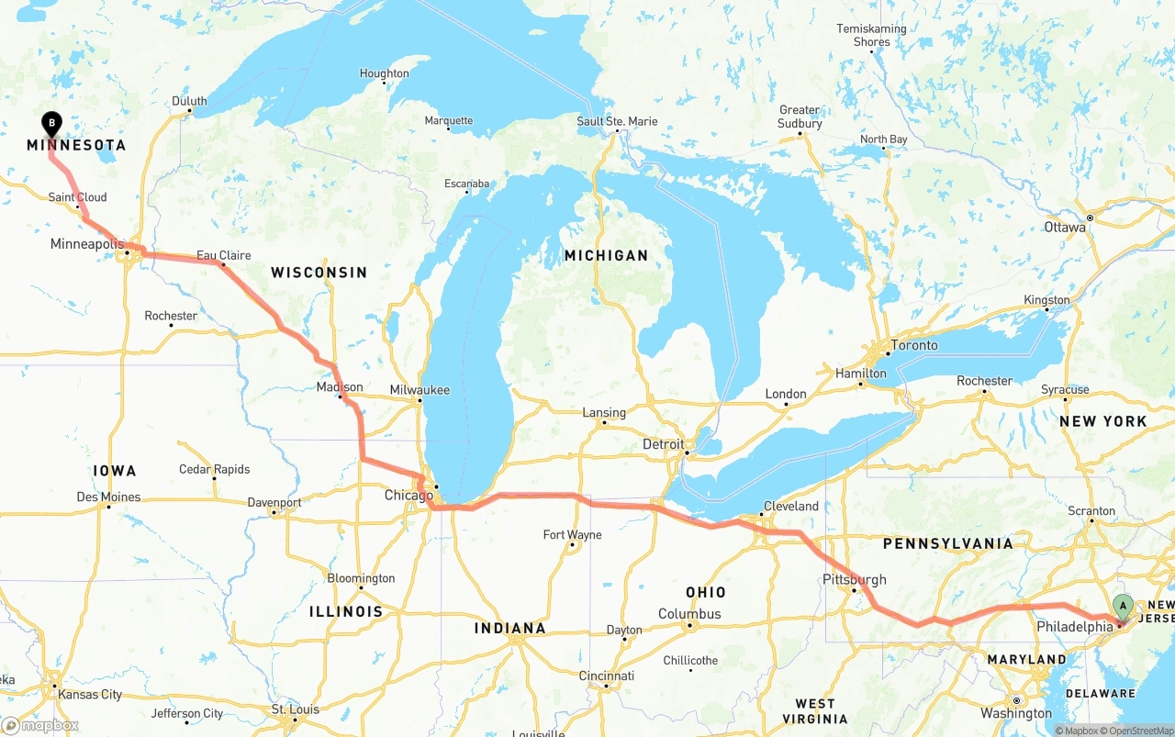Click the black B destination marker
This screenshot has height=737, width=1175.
pos(51,122)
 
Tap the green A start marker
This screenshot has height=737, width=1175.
pos(1123,606)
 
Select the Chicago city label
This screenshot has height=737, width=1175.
pos(408,496)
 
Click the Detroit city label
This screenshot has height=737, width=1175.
pos(663,444)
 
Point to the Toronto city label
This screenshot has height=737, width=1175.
pos(914,345)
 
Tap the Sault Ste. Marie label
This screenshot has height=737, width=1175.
pos(617,121)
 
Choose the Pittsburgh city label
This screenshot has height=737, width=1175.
pos(855,579)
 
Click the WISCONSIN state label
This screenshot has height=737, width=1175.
pos(319,273)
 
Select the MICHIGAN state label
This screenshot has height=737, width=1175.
pos(606,255)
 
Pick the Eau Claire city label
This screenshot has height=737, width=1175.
pos(223,256)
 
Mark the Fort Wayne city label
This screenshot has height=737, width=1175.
pos(572,535)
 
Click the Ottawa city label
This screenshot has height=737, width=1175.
pos(1064,227)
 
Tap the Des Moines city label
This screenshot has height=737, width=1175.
pos(108,497)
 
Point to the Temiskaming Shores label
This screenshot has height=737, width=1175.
pos(871,35)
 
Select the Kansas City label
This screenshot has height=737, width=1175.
pos(89,695)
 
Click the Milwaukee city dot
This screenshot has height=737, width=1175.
pos(420,401)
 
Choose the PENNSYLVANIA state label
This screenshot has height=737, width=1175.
pos(947,543)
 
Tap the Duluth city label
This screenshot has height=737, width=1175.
pos(189,102)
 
